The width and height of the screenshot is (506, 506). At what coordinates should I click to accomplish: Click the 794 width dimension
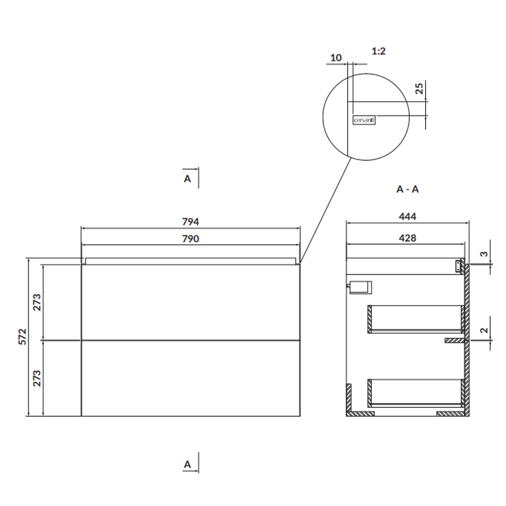click(x=190, y=222)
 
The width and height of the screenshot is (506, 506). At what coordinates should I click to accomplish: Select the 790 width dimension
click(x=190, y=239)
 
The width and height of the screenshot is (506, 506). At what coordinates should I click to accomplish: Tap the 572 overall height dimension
click(x=22, y=337)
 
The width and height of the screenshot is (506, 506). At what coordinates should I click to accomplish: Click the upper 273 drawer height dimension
click(x=37, y=303)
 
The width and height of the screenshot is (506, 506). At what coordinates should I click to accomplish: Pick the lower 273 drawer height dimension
click(x=37, y=378)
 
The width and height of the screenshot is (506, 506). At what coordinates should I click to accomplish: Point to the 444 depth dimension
click(x=407, y=216)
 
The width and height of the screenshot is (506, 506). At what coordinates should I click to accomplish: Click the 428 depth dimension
click(x=407, y=238)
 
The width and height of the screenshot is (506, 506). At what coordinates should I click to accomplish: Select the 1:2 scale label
click(x=378, y=51)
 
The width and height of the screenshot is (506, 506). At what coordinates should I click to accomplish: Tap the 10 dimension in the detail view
click(x=335, y=58)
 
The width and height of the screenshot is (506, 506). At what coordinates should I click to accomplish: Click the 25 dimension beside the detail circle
click(x=419, y=89)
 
